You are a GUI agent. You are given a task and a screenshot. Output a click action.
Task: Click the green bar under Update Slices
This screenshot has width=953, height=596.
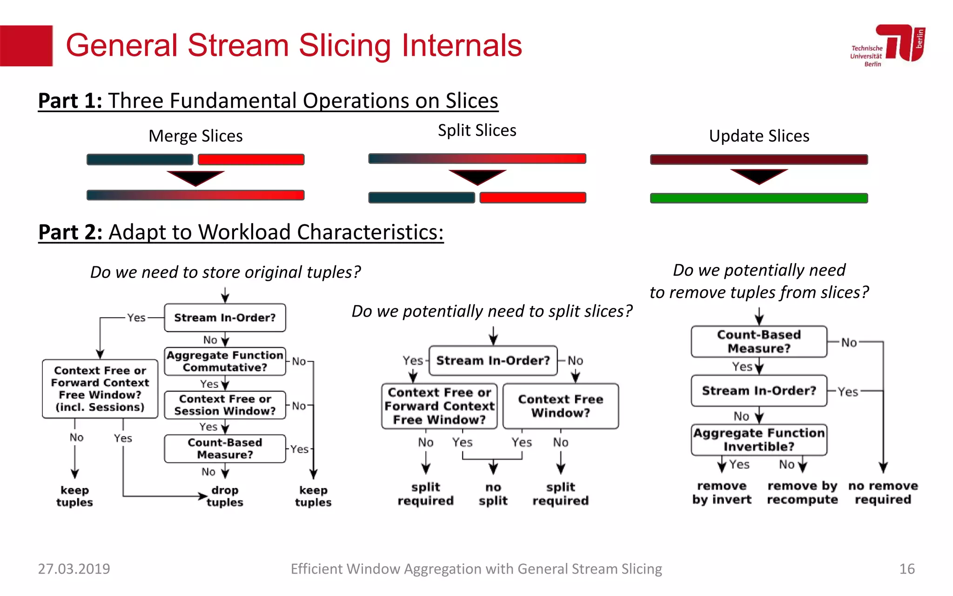click(x=758, y=198)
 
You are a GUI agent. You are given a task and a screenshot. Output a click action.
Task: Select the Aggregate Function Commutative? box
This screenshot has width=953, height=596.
click(x=225, y=361)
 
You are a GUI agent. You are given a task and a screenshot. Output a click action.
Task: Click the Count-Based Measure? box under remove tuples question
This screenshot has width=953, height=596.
click(x=758, y=341)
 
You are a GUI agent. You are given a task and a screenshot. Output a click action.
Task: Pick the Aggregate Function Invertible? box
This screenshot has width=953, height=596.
click(x=758, y=440)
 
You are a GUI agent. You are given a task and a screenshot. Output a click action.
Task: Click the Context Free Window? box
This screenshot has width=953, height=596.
click(x=560, y=406)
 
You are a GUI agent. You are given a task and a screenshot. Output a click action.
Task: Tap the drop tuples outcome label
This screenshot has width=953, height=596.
click(x=225, y=496)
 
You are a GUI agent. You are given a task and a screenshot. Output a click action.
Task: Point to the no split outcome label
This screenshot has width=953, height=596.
click(x=493, y=494)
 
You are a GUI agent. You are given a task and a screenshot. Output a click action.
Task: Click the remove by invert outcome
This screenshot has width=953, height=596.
click(x=722, y=493)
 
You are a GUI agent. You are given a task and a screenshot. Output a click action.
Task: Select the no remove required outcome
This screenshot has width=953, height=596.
click(x=883, y=493)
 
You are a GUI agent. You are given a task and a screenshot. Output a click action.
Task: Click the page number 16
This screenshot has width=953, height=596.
click(x=906, y=569)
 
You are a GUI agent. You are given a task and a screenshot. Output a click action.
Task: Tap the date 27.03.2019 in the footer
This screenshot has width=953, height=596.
click(x=74, y=569)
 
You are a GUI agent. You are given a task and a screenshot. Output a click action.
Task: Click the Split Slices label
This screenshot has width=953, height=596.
click(x=477, y=130)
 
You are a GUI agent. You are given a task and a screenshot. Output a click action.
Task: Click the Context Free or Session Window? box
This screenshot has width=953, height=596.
click(x=225, y=405)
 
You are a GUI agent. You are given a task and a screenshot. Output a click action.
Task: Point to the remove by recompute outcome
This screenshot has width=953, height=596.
click(x=802, y=493)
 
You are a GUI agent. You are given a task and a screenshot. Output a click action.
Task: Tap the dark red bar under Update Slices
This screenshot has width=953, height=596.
click(x=758, y=160)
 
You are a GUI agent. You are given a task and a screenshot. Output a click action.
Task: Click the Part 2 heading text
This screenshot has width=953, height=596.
click(x=241, y=232)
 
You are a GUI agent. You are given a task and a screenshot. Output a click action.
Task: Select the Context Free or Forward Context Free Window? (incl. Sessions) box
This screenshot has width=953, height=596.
click(x=100, y=389)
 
